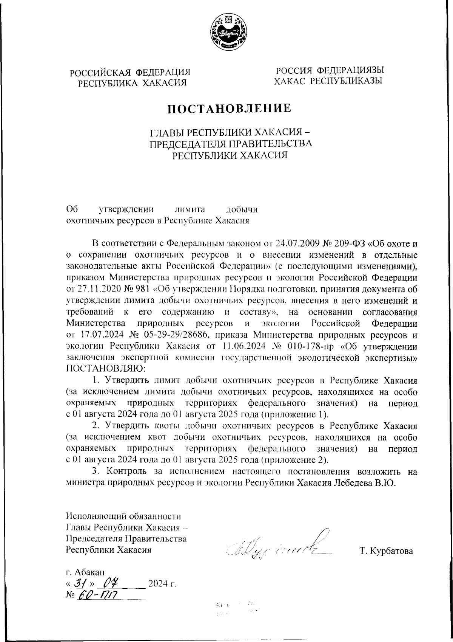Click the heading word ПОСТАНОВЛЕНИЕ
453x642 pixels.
tap(229, 109)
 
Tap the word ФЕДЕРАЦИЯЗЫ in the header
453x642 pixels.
tap(350, 71)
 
